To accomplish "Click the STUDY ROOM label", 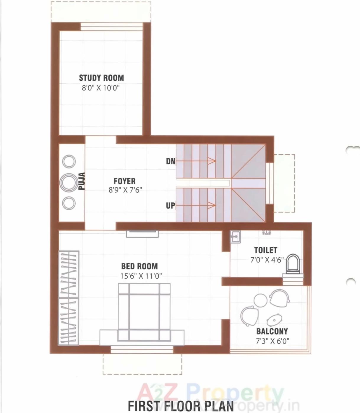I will tap(101, 78).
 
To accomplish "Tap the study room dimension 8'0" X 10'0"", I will tap(101, 88).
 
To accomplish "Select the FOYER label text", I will tap(124, 181).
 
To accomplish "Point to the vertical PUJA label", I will tap(82, 181).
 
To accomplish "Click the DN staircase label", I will tap(171, 161).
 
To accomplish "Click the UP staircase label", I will tap(170, 205).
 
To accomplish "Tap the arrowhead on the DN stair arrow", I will tap(212, 161).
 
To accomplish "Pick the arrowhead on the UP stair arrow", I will tap(212, 205).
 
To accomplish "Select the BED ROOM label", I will tap(140, 266).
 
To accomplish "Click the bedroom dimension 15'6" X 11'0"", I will tap(141, 276).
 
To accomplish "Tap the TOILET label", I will tap(266, 250).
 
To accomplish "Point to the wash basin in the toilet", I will tap(235, 236).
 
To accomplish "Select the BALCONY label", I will tap(272, 331).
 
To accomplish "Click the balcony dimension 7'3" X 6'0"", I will tap(272, 341).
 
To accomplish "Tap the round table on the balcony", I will tap(260, 300).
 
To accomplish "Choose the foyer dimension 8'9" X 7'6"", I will tap(125, 190).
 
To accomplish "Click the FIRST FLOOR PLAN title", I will tap(181, 406).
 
